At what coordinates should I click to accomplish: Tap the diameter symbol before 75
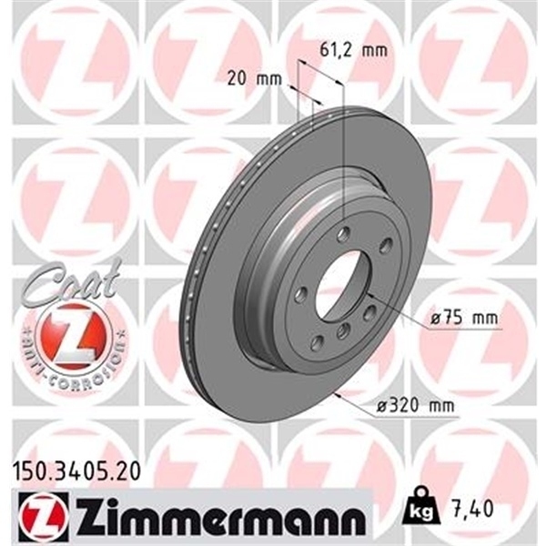(x=437, y=319)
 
